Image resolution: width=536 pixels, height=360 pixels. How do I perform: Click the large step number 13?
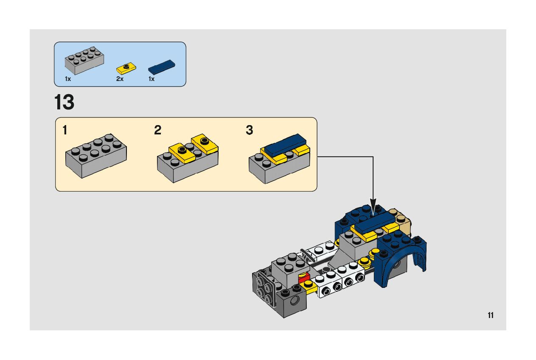pos(64,102)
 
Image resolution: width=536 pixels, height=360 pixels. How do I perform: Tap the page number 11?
pos(490,315)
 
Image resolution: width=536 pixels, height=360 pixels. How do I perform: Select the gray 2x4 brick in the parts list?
pos(84,61)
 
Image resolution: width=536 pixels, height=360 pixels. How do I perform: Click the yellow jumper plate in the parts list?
pos(126,67)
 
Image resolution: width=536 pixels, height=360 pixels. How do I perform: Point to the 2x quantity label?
pos(120,79)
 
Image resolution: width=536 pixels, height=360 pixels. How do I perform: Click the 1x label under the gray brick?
pos(68,79)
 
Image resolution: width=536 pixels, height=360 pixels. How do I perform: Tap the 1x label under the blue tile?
pos(151,79)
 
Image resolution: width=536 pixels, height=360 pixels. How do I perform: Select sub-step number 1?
pos(65,130)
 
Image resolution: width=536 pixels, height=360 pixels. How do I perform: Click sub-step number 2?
pos(157,130)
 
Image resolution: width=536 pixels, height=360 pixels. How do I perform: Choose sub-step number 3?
pos(249,130)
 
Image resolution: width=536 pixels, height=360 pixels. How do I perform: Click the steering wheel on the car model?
pos(309,256)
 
